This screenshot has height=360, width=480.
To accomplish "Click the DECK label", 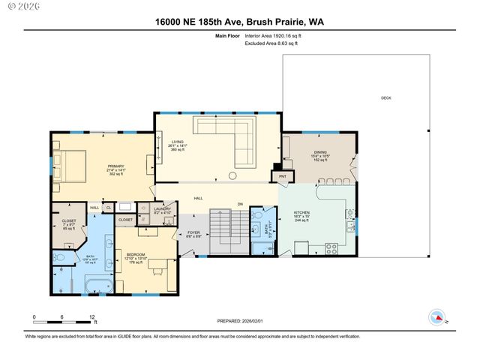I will (385, 98).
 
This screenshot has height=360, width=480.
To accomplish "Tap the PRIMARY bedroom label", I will (115, 166).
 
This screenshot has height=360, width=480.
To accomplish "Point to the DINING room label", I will (320, 152).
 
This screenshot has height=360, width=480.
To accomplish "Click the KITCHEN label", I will (301, 212).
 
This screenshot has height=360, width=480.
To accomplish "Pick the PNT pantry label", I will (283, 177).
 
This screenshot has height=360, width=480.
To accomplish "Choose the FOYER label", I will (193, 233).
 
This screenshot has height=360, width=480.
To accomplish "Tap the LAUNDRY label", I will (162, 209).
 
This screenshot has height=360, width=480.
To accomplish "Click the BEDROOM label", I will (135, 254).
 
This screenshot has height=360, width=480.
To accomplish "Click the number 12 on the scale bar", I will (92, 317).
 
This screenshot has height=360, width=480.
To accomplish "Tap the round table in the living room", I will (233, 175).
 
